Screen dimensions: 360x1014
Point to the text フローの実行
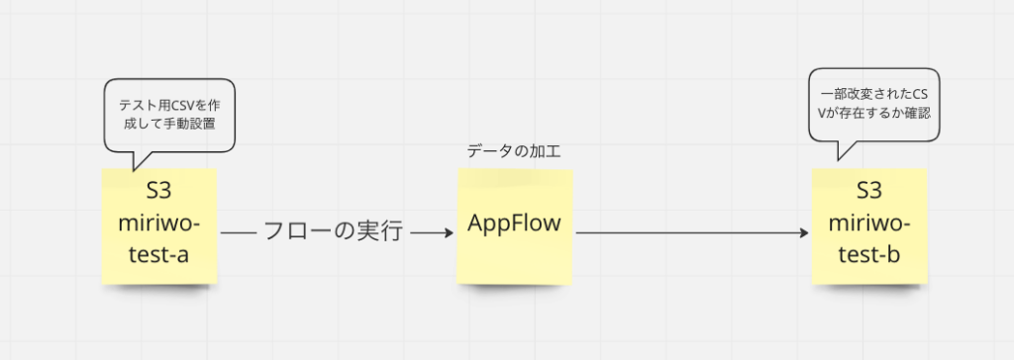pos(333,233)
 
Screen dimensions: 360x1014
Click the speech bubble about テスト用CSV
pos(169,115)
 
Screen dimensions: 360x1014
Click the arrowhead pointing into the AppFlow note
pos(447,233)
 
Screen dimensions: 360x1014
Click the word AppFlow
pos(515,224)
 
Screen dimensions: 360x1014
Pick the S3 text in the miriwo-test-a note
pos(158,189)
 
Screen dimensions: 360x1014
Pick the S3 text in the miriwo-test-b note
pos(868,190)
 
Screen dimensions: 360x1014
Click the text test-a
pos(158,255)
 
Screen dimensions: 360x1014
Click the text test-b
pos(868,255)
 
